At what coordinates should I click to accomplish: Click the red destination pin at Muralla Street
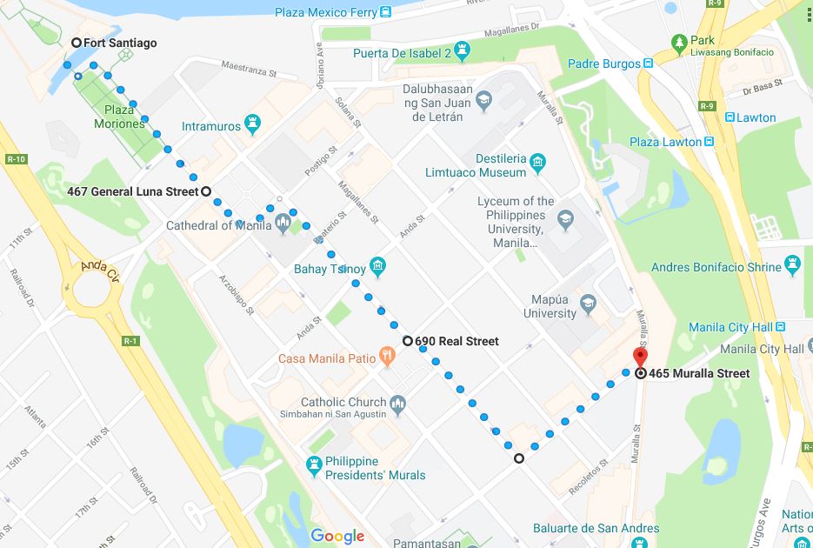(x=640, y=358)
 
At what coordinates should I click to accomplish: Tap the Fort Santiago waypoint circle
(x=77, y=43)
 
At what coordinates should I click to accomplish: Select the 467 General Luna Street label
(x=132, y=191)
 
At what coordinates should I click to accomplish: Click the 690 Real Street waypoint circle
(x=407, y=341)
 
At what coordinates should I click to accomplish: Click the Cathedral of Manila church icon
(x=283, y=226)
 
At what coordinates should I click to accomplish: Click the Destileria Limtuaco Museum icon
(x=537, y=162)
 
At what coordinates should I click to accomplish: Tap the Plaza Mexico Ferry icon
(x=384, y=12)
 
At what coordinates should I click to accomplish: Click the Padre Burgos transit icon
(x=649, y=63)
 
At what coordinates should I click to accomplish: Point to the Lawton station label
(x=756, y=117)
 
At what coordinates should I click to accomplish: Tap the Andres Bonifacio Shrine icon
(x=791, y=263)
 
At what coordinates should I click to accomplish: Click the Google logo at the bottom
(x=337, y=536)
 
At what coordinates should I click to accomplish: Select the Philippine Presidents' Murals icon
(x=315, y=467)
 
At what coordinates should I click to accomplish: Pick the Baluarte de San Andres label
(x=596, y=528)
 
